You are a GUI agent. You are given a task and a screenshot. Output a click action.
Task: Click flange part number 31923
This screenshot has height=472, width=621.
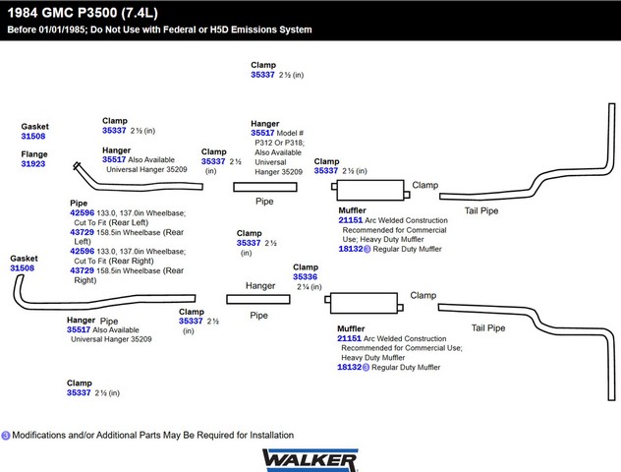(33, 164)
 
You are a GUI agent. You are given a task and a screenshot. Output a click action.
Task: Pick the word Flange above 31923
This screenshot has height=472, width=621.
(34, 154)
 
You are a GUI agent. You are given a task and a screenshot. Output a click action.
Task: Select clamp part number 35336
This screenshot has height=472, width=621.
(305, 277)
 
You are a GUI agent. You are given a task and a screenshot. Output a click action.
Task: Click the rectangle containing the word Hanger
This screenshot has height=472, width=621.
(260, 286)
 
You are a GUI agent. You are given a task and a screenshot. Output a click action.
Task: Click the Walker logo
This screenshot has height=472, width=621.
(310, 458)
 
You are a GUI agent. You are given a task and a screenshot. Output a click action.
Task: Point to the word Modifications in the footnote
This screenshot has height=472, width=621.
(46, 435)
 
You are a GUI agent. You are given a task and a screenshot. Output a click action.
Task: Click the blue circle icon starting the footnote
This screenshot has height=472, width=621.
(6, 435)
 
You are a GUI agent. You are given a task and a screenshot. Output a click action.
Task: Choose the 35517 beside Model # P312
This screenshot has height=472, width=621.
(262, 132)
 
